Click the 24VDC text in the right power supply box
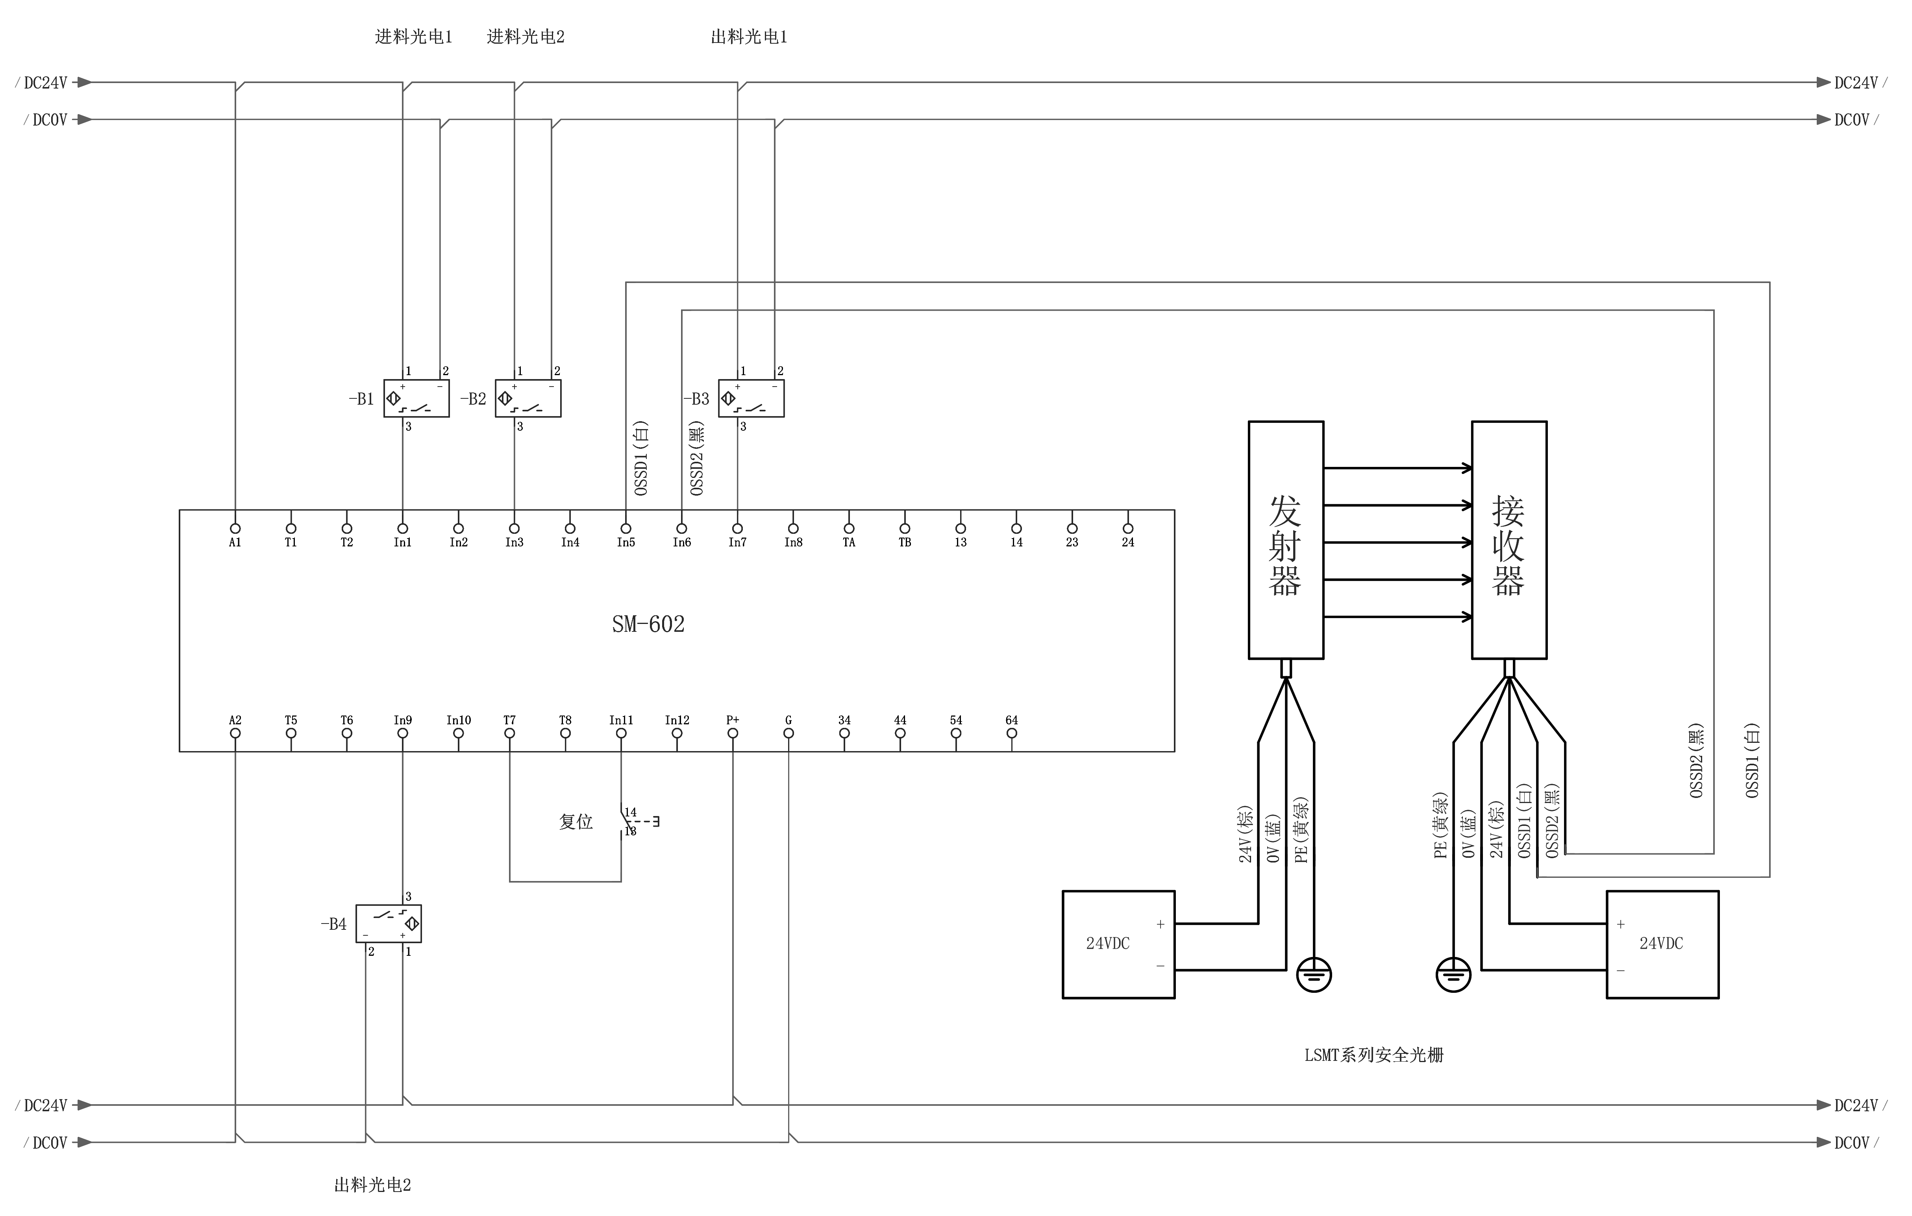point(1661,944)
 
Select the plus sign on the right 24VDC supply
point(1621,925)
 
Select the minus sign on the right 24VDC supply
point(1621,971)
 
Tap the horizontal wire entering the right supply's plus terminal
point(1556,924)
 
